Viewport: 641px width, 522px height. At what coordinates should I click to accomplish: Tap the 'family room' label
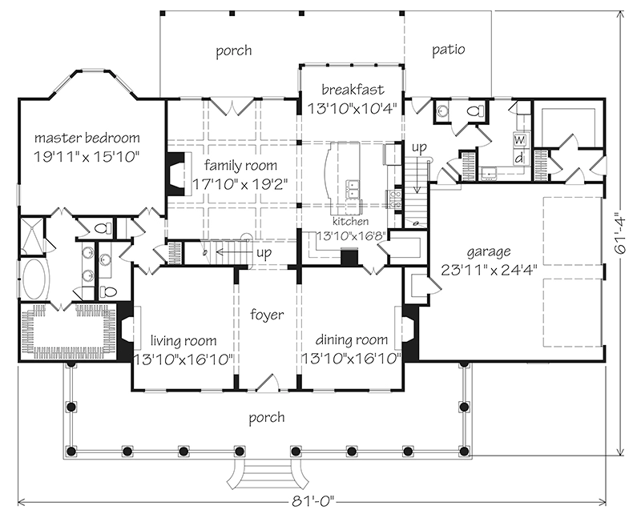(x=240, y=166)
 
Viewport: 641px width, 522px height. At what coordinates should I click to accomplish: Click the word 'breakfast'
(x=352, y=89)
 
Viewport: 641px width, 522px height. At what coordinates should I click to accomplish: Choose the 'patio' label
(x=449, y=50)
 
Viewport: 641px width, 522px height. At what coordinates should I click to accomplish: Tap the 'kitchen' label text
(x=352, y=221)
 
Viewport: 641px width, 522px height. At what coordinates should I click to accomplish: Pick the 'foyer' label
(x=266, y=315)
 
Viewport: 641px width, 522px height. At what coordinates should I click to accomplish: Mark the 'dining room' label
(x=352, y=339)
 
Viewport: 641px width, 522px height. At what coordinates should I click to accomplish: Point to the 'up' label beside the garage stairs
(x=418, y=148)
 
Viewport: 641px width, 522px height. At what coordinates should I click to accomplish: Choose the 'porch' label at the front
(x=267, y=417)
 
